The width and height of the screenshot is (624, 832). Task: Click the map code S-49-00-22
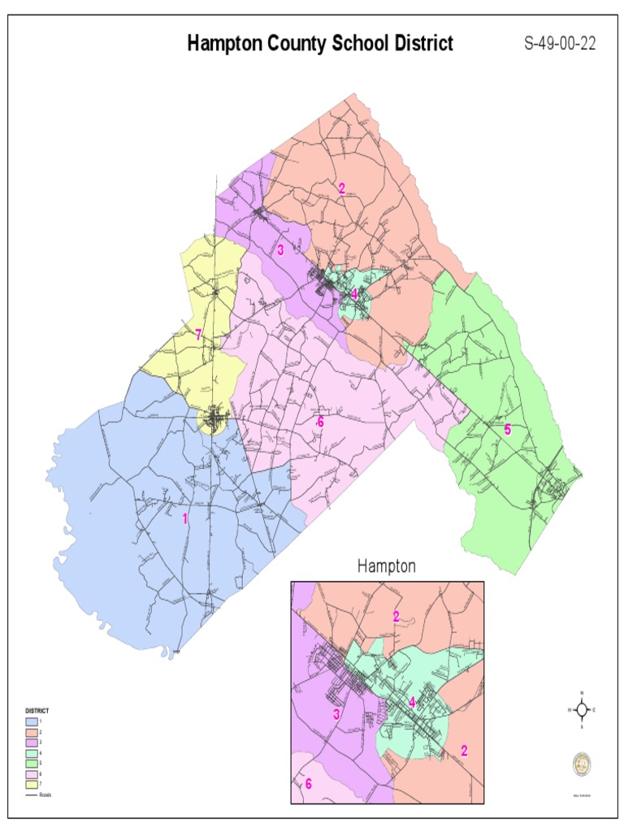point(560,44)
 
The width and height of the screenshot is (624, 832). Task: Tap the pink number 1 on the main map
point(185,518)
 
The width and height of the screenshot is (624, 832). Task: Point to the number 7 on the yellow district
point(197,334)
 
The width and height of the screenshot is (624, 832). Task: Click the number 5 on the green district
point(508,430)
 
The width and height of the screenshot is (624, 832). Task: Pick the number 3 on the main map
point(280,249)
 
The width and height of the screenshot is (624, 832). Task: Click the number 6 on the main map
point(320,422)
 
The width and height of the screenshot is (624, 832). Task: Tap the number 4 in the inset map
point(412,703)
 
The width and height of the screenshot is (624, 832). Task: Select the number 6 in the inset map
point(308,784)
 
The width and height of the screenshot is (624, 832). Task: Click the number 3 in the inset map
point(335,715)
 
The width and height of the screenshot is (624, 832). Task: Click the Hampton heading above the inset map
point(387,567)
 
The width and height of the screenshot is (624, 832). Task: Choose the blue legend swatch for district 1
point(32,721)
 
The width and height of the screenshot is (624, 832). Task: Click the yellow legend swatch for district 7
point(32,784)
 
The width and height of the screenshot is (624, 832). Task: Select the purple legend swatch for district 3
point(32,743)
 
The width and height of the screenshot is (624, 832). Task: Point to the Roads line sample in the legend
point(32,795)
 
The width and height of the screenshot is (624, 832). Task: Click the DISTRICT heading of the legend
point(37,711)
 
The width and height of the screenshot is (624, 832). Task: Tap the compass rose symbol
point(582,709)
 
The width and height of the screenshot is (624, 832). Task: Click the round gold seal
point(582,763)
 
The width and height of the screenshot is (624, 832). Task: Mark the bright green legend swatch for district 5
point(32,764)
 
